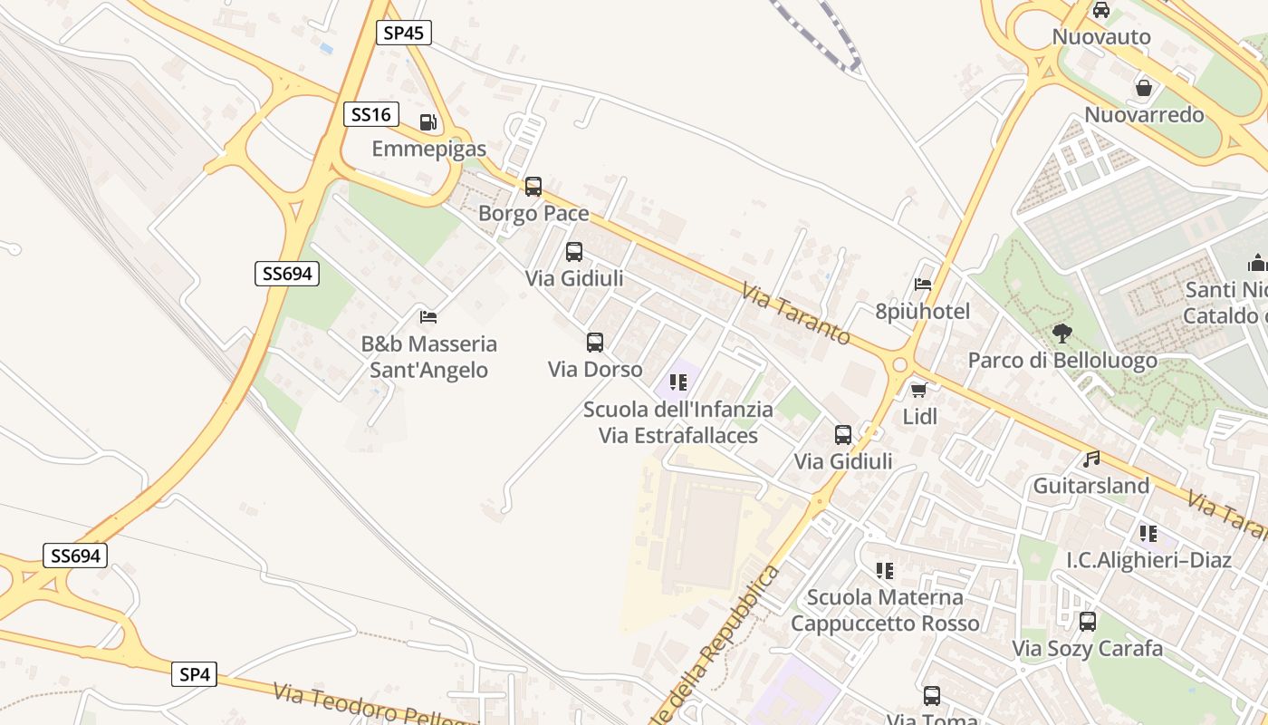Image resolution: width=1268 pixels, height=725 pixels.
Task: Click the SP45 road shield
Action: pos(403,34)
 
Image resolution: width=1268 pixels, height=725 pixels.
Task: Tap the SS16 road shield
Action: pos(371,114)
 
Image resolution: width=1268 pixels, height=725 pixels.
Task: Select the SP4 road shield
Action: pos(195,674)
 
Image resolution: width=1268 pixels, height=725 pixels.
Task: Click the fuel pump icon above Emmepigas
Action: pos(428,122)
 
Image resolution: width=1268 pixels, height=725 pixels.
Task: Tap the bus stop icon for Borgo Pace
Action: pos(533,187)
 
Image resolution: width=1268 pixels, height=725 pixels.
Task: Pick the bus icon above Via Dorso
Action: pos(595,343)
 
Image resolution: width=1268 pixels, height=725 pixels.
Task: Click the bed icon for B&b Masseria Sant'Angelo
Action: pos(428,317)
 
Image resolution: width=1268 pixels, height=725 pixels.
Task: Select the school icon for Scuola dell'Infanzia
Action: pos(677,382)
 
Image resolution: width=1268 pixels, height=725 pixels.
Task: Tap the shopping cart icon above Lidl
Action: pos(919,391)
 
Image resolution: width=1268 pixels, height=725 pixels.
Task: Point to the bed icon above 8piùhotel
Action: pos(923,285)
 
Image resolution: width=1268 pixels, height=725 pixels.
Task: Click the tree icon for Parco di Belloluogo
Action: pos(1062,333)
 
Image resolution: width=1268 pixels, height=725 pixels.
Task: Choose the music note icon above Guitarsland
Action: pos(1091,459)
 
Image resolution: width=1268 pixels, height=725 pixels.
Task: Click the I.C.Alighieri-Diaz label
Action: pos(1148,560)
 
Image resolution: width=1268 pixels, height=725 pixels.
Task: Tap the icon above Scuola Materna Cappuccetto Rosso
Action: pos(885,571)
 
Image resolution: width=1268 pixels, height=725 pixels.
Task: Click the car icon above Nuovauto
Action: pos(1101,11)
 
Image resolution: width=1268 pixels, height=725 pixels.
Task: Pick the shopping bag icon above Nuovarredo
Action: pos(1144,88)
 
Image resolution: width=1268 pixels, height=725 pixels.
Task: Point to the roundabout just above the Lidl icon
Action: pos(899,365)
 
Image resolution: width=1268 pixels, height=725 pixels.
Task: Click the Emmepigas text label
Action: pos(428,149)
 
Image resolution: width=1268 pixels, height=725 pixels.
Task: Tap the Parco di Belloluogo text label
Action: pos(1062,361)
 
